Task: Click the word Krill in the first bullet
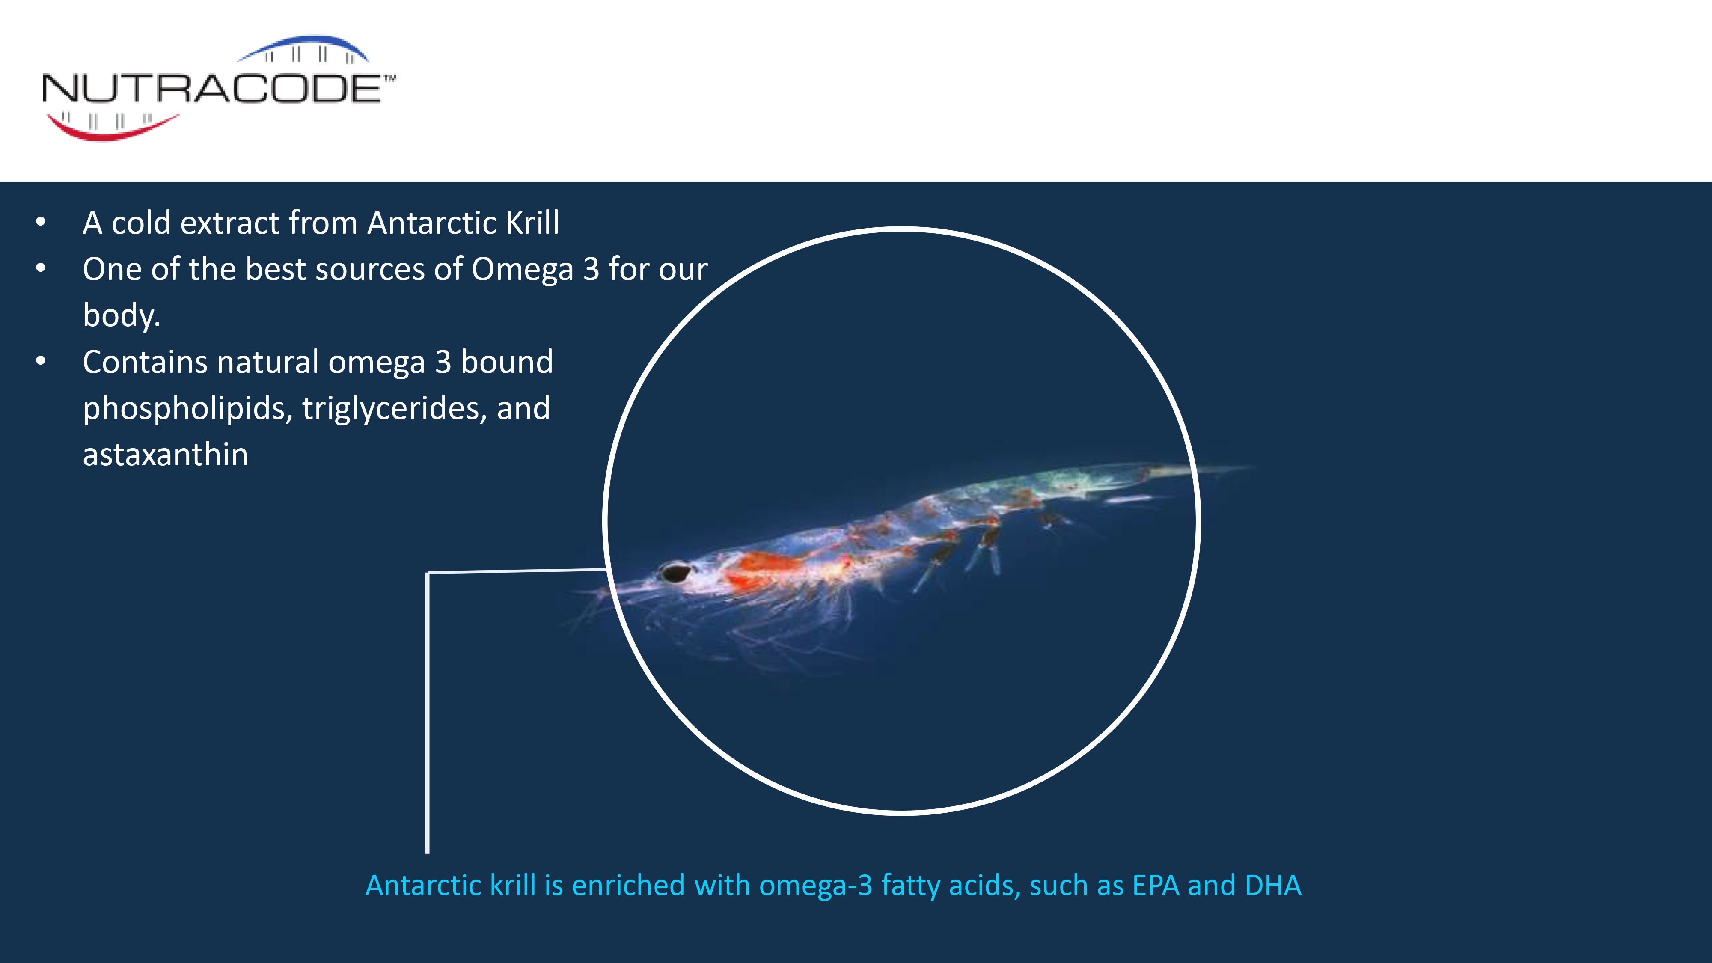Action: click(532, 223)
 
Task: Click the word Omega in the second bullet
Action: click(522, 270)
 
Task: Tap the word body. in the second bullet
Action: click(122, 315)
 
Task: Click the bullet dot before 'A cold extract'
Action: click(41, 222)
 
